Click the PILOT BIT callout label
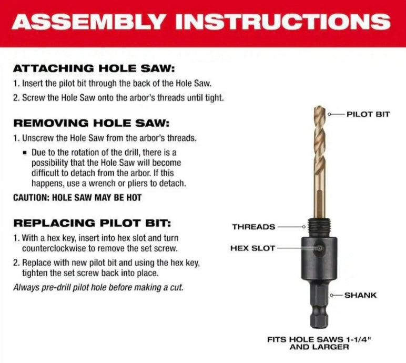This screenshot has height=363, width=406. pyautogui.click(x=368, y=114)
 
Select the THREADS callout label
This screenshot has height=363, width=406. pyautogui.click(x=253, y=227)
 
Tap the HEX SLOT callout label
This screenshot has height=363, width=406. pyautogui.click(x=253, y=248)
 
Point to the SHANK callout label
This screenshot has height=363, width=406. pyautogui.click(x=360, y=295)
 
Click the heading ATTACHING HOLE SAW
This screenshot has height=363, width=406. pyautogui.click(x=93, y=68)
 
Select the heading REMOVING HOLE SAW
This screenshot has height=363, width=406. pyautogui.click(x=91, y=123)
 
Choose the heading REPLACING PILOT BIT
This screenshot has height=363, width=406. pyautogui.click(x=92, y=223)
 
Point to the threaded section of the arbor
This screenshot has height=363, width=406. pyautogui.click(x=318, y=227)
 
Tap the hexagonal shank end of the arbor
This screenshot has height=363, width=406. pyautogui.click(x=318, y=316)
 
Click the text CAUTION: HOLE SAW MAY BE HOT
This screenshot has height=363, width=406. pyautogui.click(x=77, y=197)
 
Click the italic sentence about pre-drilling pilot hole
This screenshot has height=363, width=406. pyautogui.click(x=98, y=287)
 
